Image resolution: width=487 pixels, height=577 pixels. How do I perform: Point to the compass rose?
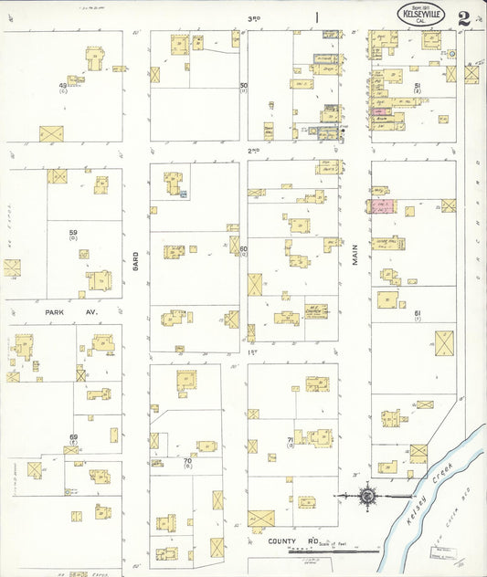click(x=368, y=496)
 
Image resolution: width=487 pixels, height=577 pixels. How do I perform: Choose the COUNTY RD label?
click(x=288, y=541)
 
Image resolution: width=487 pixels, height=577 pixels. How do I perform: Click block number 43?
click(x=63, y=86)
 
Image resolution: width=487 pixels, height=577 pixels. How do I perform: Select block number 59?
click(x=72, y=234)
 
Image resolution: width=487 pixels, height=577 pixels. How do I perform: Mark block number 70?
click(x=187, y=460)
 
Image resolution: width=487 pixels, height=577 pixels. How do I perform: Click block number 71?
click(x=290, y=439)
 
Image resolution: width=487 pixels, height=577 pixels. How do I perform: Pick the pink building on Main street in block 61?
click(x=384, y=206)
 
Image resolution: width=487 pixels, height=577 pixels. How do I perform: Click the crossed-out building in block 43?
click(x=51, y=133)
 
